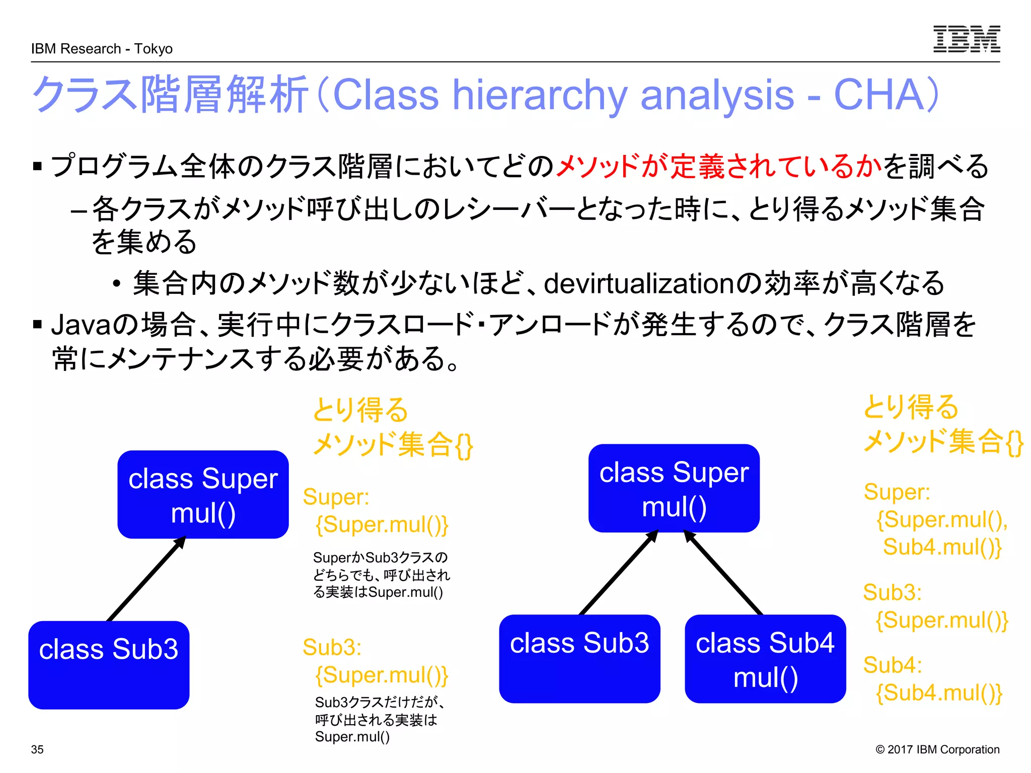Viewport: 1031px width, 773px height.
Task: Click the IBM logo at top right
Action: click(x=966, y=39)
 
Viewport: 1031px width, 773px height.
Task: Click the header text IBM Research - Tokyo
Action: click(x=102, y=49)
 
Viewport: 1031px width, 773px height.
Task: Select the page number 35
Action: click(x=37, y=749)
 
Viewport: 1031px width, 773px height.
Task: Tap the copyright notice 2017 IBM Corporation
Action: click(x=937, y=749)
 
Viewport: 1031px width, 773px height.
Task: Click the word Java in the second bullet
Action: click(x=81, y=325)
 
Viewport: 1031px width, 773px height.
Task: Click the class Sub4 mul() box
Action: click(x=765, y=659)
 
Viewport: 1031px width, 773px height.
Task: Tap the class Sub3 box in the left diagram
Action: click(x=109, y=664)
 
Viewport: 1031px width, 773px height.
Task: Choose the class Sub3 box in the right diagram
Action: click(x=579, y=658)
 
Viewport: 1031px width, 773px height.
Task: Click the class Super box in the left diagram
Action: click(x=203, y=494)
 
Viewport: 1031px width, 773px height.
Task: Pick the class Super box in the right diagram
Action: click(x=674, y=488)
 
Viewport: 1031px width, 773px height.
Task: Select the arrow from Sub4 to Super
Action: click(x=723, y=573)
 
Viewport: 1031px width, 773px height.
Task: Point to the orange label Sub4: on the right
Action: click(x=892, y=665)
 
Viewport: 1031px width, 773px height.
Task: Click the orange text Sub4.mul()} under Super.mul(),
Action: click(x=942, y=547)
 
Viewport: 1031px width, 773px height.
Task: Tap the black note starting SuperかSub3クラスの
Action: click(x=381, y=575)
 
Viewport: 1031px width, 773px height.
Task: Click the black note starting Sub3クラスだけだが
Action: click(x=379, y=719)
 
